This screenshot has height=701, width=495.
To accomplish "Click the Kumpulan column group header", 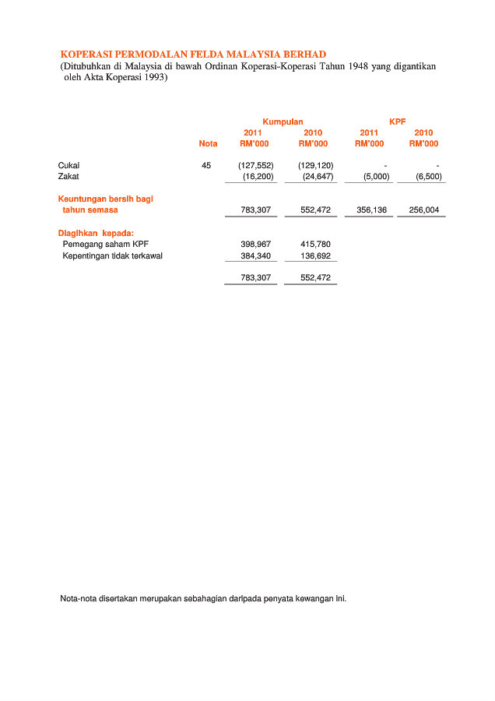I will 283,122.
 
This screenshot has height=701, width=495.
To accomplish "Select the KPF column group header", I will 397,122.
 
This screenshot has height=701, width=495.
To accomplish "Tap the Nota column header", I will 208,143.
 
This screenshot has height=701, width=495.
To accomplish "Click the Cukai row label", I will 68,165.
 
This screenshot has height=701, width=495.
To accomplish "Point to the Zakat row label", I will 68,177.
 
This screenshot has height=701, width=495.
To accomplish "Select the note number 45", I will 205,165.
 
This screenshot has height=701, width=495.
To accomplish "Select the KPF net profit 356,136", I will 371,210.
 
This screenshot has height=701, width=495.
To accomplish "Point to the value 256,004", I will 423,210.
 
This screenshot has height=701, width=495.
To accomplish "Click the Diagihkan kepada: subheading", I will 96,232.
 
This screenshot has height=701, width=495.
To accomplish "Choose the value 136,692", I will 315,255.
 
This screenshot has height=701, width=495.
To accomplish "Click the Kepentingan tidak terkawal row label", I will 112,255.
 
